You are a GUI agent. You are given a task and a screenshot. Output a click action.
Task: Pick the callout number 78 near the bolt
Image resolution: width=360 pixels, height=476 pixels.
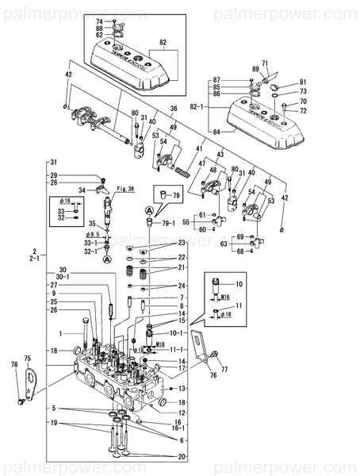click(13, 365)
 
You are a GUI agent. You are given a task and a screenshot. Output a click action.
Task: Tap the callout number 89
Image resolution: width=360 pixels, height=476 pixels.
click(255, 71)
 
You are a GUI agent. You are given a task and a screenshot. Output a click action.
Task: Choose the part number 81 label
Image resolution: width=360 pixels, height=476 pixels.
click(301, 83)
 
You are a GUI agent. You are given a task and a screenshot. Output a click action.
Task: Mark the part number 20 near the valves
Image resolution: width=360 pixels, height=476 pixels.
click(184, 458)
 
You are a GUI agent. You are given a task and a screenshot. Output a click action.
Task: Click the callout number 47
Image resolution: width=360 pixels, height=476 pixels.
click(201, 163)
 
